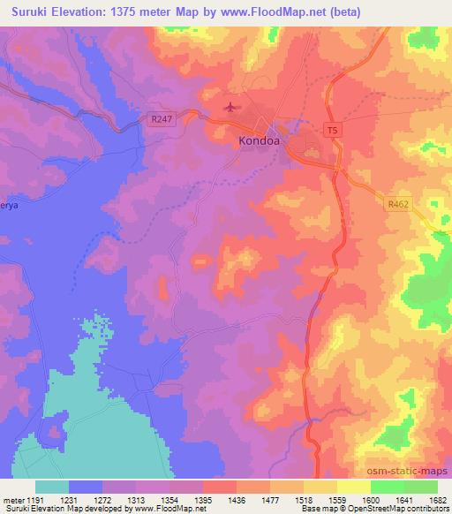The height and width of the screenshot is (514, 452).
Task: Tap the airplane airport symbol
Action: (x=231, y=109)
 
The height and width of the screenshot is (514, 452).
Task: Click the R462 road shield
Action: (x=398, y=203)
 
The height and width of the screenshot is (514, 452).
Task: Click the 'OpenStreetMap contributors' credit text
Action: (x=404, y=509)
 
